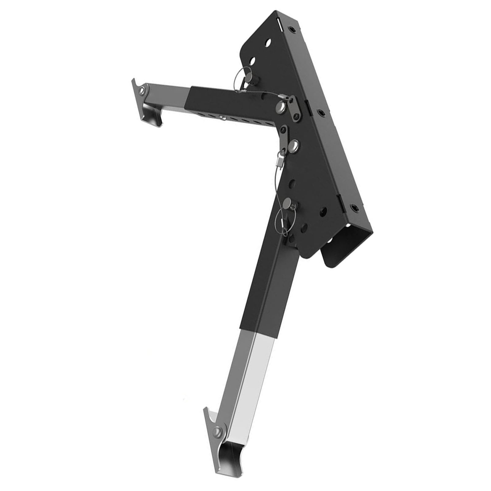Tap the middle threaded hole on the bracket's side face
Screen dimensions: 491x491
coord(321,112)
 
